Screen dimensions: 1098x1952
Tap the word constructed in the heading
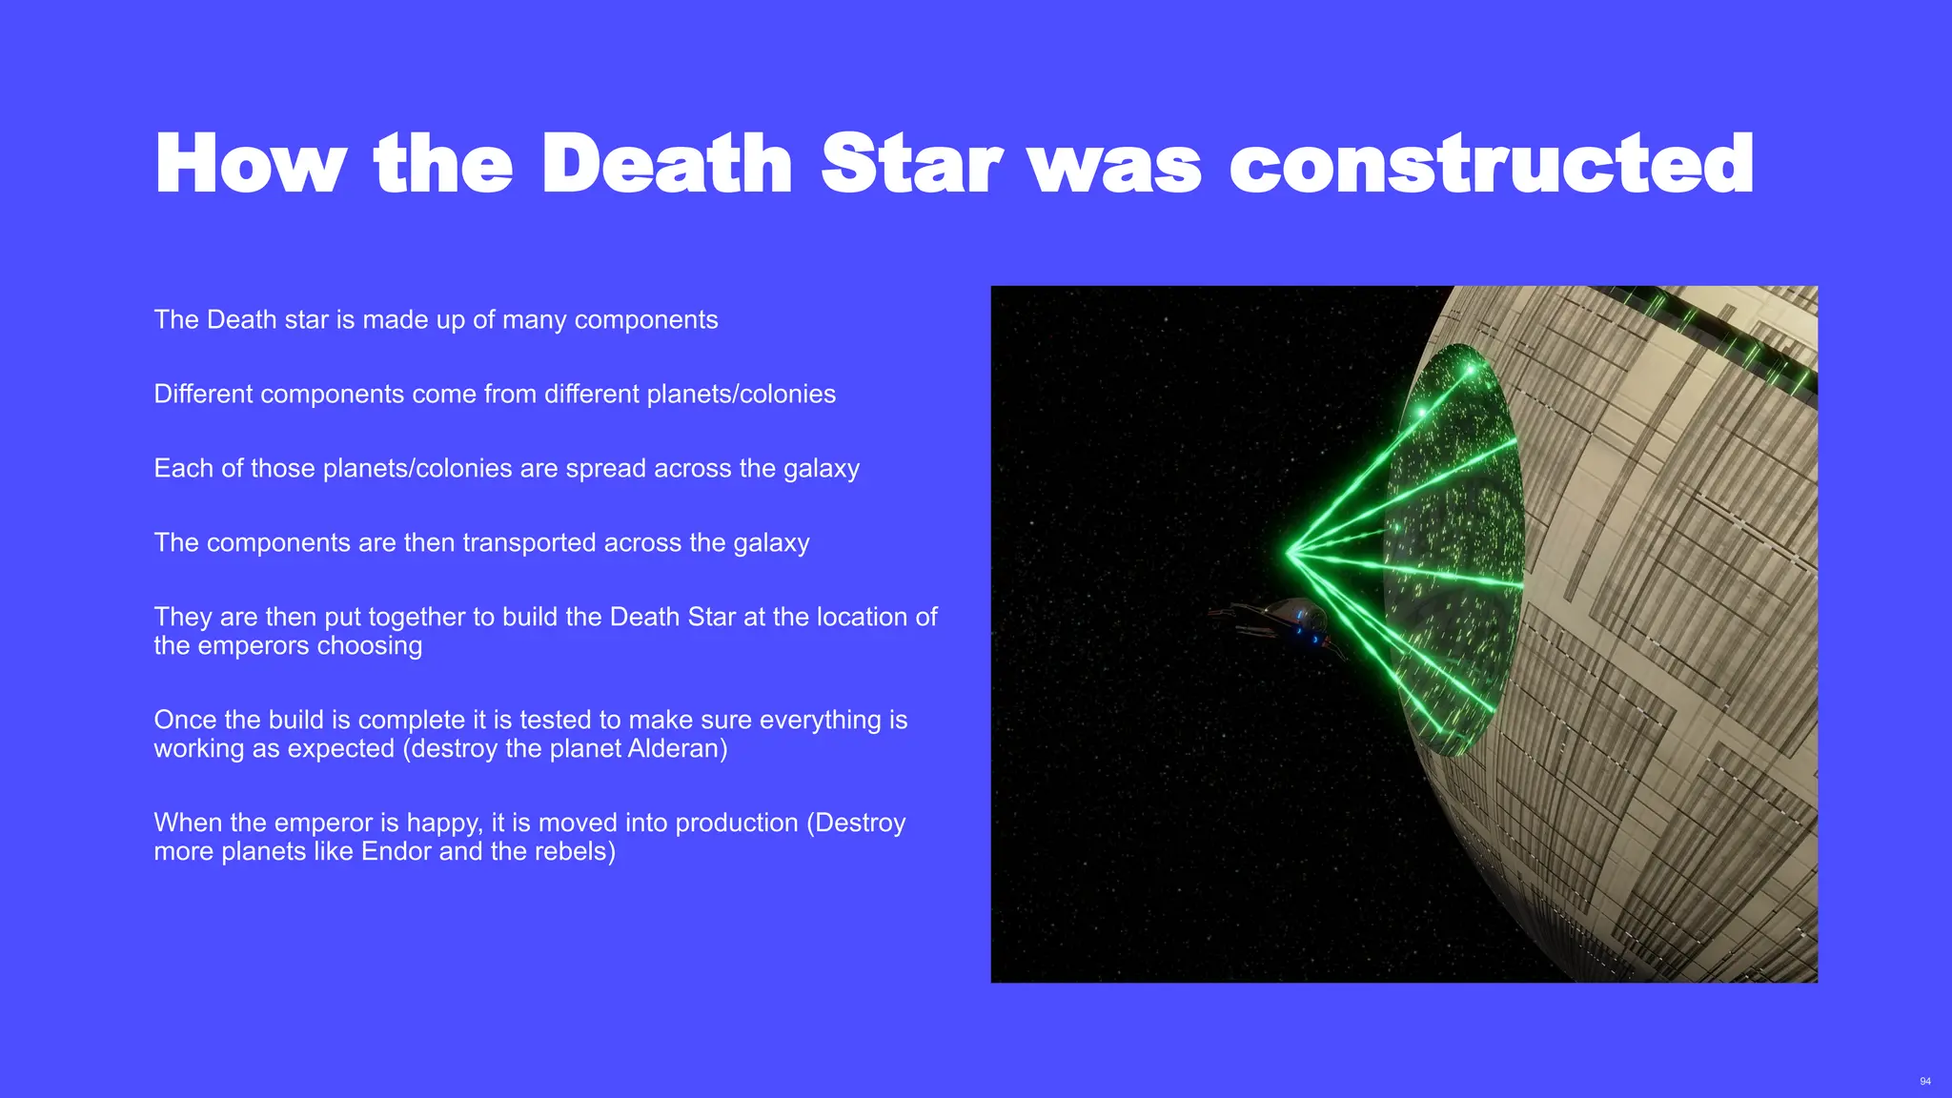[x=1491, y=164]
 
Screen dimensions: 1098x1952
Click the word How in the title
[x=250, y=164]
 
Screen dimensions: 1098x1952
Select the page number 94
[x=1925, y=1081]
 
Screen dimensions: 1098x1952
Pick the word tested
[x=582, y=720]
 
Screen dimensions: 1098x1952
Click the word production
[x=736, y=823]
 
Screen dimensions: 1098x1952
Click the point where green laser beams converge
[x=1289, y=551]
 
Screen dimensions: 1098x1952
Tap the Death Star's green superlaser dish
[x=1454, y=548]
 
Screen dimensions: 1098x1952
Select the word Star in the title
[x=910, y=164]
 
